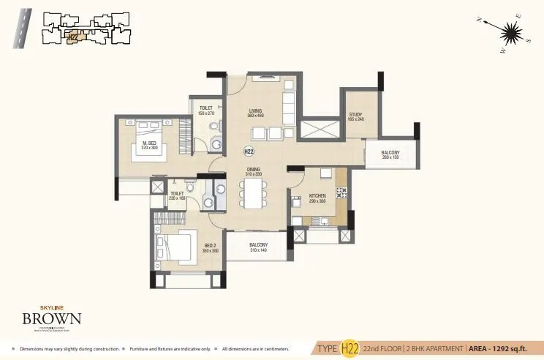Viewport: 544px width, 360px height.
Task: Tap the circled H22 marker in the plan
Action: tap(249, 151)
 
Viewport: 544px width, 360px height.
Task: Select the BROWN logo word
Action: tap(51, 319)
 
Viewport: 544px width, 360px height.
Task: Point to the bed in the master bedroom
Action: tap(151, 150)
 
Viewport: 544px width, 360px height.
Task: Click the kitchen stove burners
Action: tap(341, 193)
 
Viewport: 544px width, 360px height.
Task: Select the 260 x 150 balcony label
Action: tap(390, 154)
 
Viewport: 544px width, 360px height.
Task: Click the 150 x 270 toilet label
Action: tap(205, 110)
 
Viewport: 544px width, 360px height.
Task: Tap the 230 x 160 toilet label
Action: tap(177, 195)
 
